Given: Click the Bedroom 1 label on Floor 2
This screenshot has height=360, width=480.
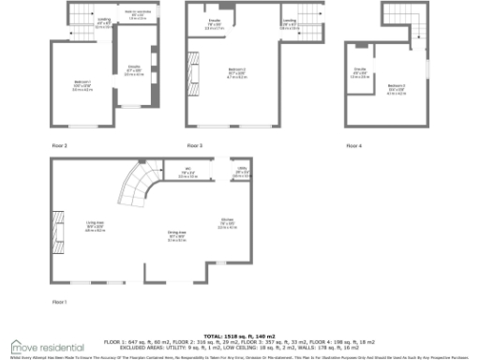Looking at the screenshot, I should pyautogui.click(x=82, y=87).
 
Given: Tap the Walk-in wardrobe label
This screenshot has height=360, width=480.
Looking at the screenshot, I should pyautogui.click(x=137, y=15).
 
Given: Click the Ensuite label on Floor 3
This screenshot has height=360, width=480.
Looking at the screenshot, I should pyautogui.click(x=215, y=24).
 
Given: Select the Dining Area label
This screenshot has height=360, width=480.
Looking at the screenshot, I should pyautogui.click(x=176, y=237).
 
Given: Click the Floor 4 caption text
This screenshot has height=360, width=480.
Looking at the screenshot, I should pyautogui.click(x=353, y=145).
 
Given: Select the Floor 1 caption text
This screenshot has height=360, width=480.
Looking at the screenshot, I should pyautogui.click(x=60, y=301).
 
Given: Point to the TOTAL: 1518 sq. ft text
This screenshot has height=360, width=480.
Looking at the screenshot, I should pyautogui.click(x=239, y=334).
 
